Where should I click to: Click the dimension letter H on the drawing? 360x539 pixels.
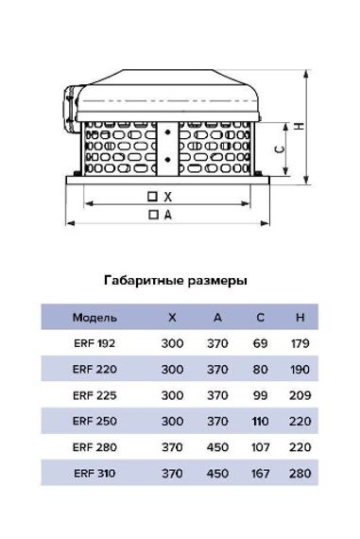299,127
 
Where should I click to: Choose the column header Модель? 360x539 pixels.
94,317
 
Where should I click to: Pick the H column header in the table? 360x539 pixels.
300,317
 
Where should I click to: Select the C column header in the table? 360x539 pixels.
261,317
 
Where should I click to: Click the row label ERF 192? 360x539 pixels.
94,343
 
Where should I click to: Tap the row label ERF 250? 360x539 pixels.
94,420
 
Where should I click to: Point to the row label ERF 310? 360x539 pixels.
94,472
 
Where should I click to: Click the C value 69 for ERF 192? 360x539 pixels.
261,343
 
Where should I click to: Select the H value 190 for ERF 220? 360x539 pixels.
300,369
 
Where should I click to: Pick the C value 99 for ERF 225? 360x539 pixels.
261,394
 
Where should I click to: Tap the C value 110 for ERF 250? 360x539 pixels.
261,420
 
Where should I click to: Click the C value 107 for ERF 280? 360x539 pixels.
261,446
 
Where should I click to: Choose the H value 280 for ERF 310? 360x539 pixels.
300,472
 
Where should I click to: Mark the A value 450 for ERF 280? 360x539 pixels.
217,446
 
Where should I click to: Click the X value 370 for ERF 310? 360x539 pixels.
173,472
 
